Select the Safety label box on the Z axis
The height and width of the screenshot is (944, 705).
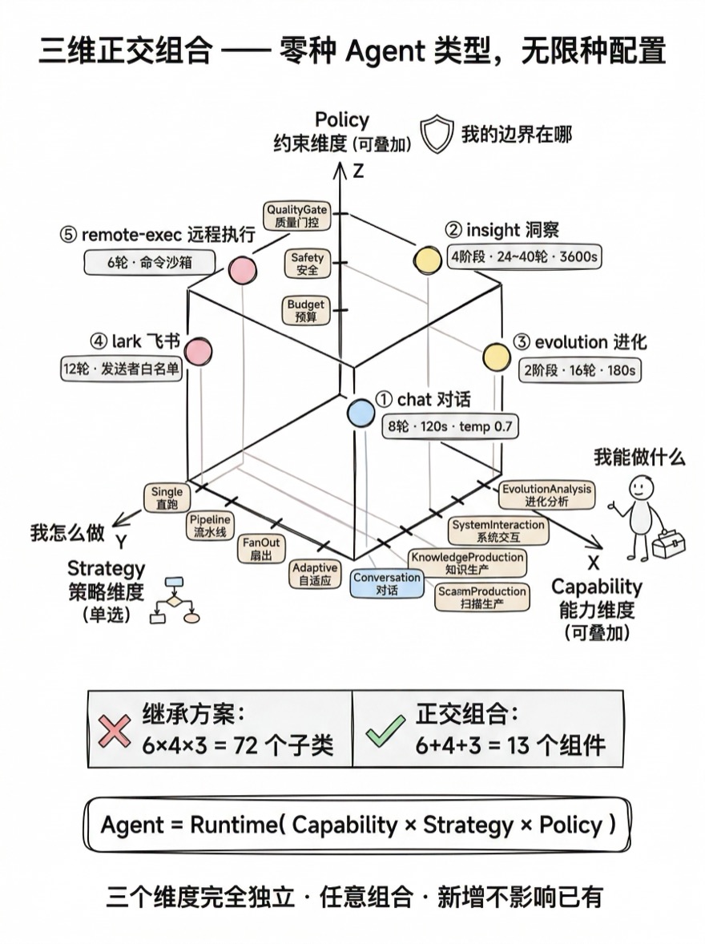click(x=307, y=264)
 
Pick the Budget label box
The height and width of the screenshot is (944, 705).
click(x=306, y=310)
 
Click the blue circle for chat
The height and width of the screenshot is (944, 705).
click(x=361, y=413)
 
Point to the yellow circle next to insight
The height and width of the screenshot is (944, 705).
click(x=427, y=259)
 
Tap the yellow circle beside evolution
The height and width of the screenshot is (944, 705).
click(x=496, y=357)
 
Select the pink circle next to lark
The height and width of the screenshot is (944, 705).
click(x=197, y=351)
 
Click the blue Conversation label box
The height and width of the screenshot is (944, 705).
click(x=387, y=583)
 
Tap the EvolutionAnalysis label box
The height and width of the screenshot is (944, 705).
click(x=546, y=494)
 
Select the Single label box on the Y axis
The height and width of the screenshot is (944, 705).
click(x=167, y=498)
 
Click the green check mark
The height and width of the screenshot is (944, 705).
click(x=385, y=730)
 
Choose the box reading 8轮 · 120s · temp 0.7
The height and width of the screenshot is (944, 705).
click(x=449, y=426)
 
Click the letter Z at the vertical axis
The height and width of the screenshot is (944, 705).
click(x=358, y=171)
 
